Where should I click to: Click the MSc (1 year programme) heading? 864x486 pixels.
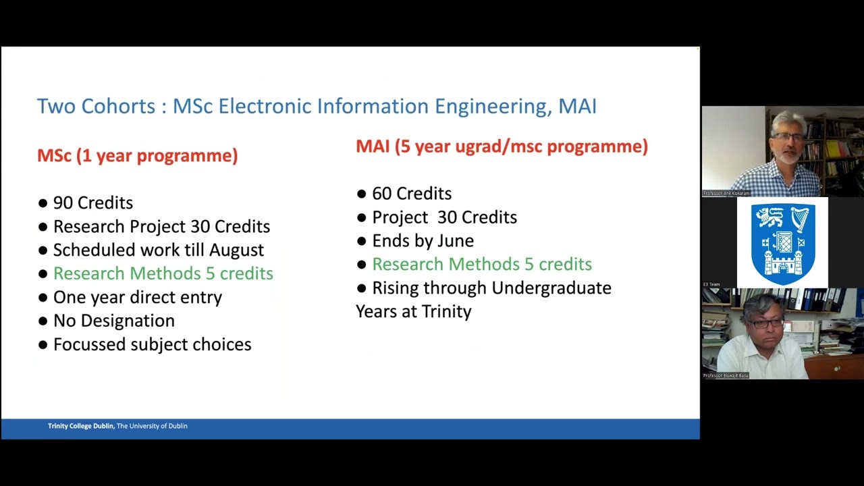[x=137, y=155]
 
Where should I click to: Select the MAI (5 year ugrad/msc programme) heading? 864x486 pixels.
[x=502, y=146]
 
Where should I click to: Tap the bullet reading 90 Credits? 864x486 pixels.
[x=92, y=202]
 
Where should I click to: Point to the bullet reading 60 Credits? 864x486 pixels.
[x=411, y=193]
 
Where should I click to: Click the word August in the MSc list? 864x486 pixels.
[x=236, y=250]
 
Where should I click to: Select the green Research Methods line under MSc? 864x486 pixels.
[x=163, y=273]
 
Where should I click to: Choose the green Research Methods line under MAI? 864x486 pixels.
[x=481, y=264]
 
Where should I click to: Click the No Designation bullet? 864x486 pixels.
[x=113, y=321]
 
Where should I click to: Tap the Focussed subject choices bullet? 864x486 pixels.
[x=152, y=344]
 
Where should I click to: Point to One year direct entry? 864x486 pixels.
[x=137, y=297]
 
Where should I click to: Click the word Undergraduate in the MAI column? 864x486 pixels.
[x=550, y=288]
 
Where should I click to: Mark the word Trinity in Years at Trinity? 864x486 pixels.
[x=446, y=311]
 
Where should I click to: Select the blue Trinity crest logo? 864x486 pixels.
[x=783, y=242]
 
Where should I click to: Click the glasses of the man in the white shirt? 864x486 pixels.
[x=766, y=323]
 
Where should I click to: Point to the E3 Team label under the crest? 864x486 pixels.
[x=711, y=284]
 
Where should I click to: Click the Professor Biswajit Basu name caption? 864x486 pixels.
[x=726, y=375]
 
